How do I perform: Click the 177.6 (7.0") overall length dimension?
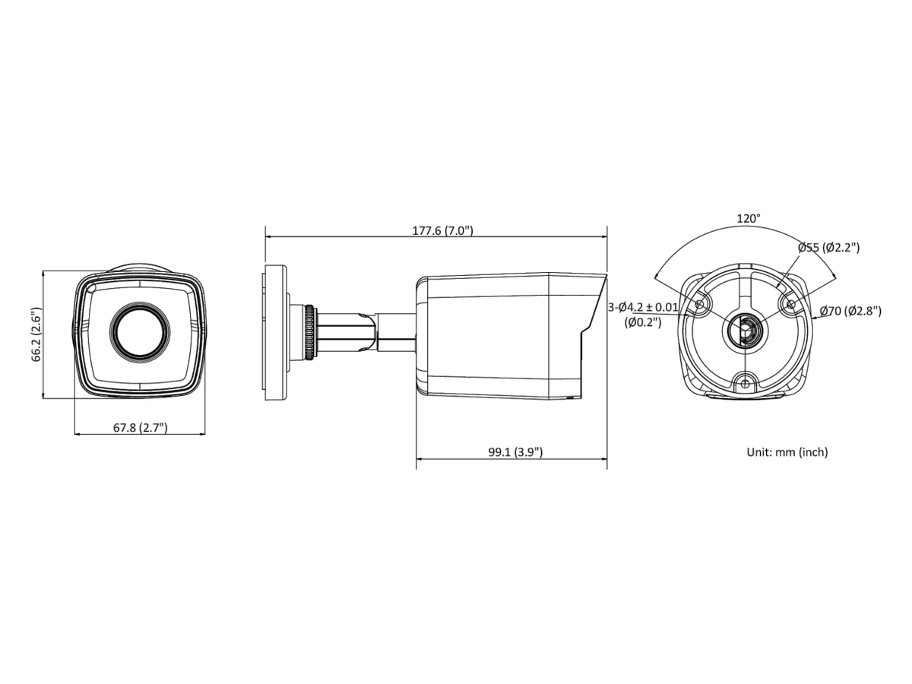[442, 230]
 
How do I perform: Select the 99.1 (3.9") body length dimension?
[515, 452]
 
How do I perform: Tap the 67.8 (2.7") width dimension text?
[141, 427]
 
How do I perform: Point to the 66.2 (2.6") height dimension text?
[36, 334]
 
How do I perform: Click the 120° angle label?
[749, 218]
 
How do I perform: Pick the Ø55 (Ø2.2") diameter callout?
[828, 248]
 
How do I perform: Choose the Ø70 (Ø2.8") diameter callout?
[850, 311]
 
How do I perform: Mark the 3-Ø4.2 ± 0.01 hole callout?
[643, 307]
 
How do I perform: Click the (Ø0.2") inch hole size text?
[643, 321]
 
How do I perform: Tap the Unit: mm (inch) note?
[787, 452]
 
